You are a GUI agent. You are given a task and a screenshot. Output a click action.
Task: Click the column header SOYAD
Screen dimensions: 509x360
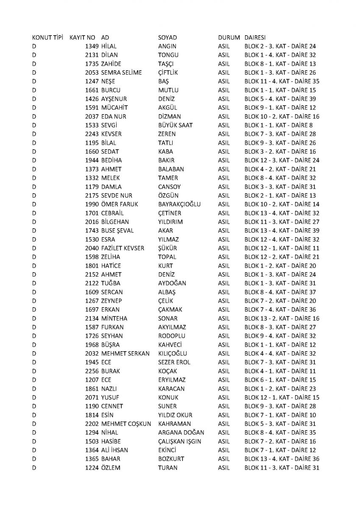pyautogui.click(x=167, y=38)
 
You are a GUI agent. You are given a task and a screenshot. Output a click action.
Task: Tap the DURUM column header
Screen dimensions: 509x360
pyautogui.click(x=229, y=38)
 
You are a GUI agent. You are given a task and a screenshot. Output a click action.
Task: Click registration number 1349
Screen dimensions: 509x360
pyautogui.click(x=92, y=46)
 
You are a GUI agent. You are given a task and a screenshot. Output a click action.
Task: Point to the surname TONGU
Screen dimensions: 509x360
pyautogui.click(x=168, y=55)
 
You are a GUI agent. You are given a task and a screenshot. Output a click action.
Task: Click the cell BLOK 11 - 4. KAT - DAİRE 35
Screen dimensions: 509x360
pyautogui.click(x=282, y=81)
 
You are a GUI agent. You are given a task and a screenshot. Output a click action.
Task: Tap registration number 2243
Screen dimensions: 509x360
pyautogui.click(x=92, y=134)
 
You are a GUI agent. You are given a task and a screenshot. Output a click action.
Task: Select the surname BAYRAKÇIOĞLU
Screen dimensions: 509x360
pyautogui.click(x=179, y=204)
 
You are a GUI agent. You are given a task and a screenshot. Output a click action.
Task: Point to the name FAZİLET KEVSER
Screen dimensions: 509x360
pyautogui.click(x=123, y=248)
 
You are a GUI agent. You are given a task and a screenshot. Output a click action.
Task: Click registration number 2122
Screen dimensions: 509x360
pyautogui.click(x=92, y=283)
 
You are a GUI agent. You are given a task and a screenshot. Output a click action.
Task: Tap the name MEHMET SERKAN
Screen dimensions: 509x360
pyautogui.click(x=126, y=353)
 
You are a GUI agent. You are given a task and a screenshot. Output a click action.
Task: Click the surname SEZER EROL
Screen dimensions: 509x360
pyautogui.click(x=174, y=362)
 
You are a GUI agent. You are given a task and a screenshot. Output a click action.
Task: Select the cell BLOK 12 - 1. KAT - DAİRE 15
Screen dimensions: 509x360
pyautogui.click(x=282, y=397)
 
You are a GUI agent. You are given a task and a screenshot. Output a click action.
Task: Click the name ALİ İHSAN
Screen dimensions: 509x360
pyautogui.click(x=115, y=450)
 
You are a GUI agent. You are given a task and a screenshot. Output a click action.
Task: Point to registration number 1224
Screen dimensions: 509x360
pyautogui.click(x=92, y=468)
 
